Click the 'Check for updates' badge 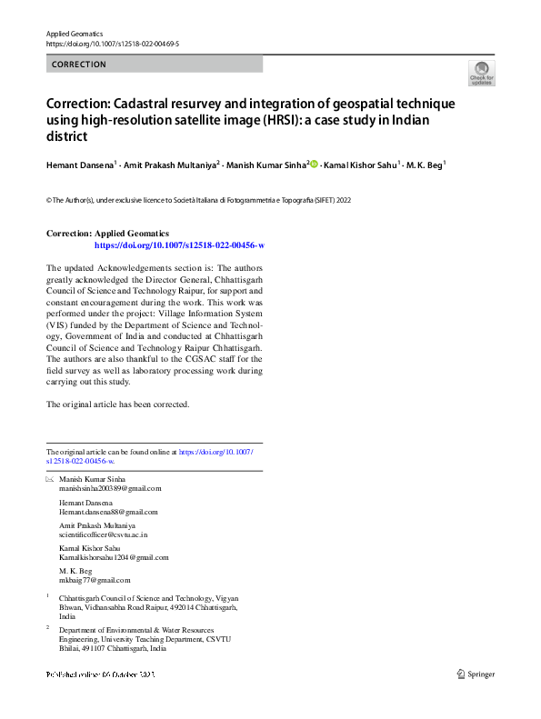481,74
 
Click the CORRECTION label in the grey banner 79,65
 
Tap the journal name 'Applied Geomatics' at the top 75,33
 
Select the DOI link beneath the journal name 112,44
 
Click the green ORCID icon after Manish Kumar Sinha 315,165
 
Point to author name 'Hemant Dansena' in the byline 79,165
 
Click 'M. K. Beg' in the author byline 423,165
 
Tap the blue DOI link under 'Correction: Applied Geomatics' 179,245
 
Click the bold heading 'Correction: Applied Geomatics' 107,234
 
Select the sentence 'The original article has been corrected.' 117,404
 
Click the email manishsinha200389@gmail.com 110,488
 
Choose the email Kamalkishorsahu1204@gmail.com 114,557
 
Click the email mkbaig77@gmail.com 95,580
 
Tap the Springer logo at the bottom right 476,674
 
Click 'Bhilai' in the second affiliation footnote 70,649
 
